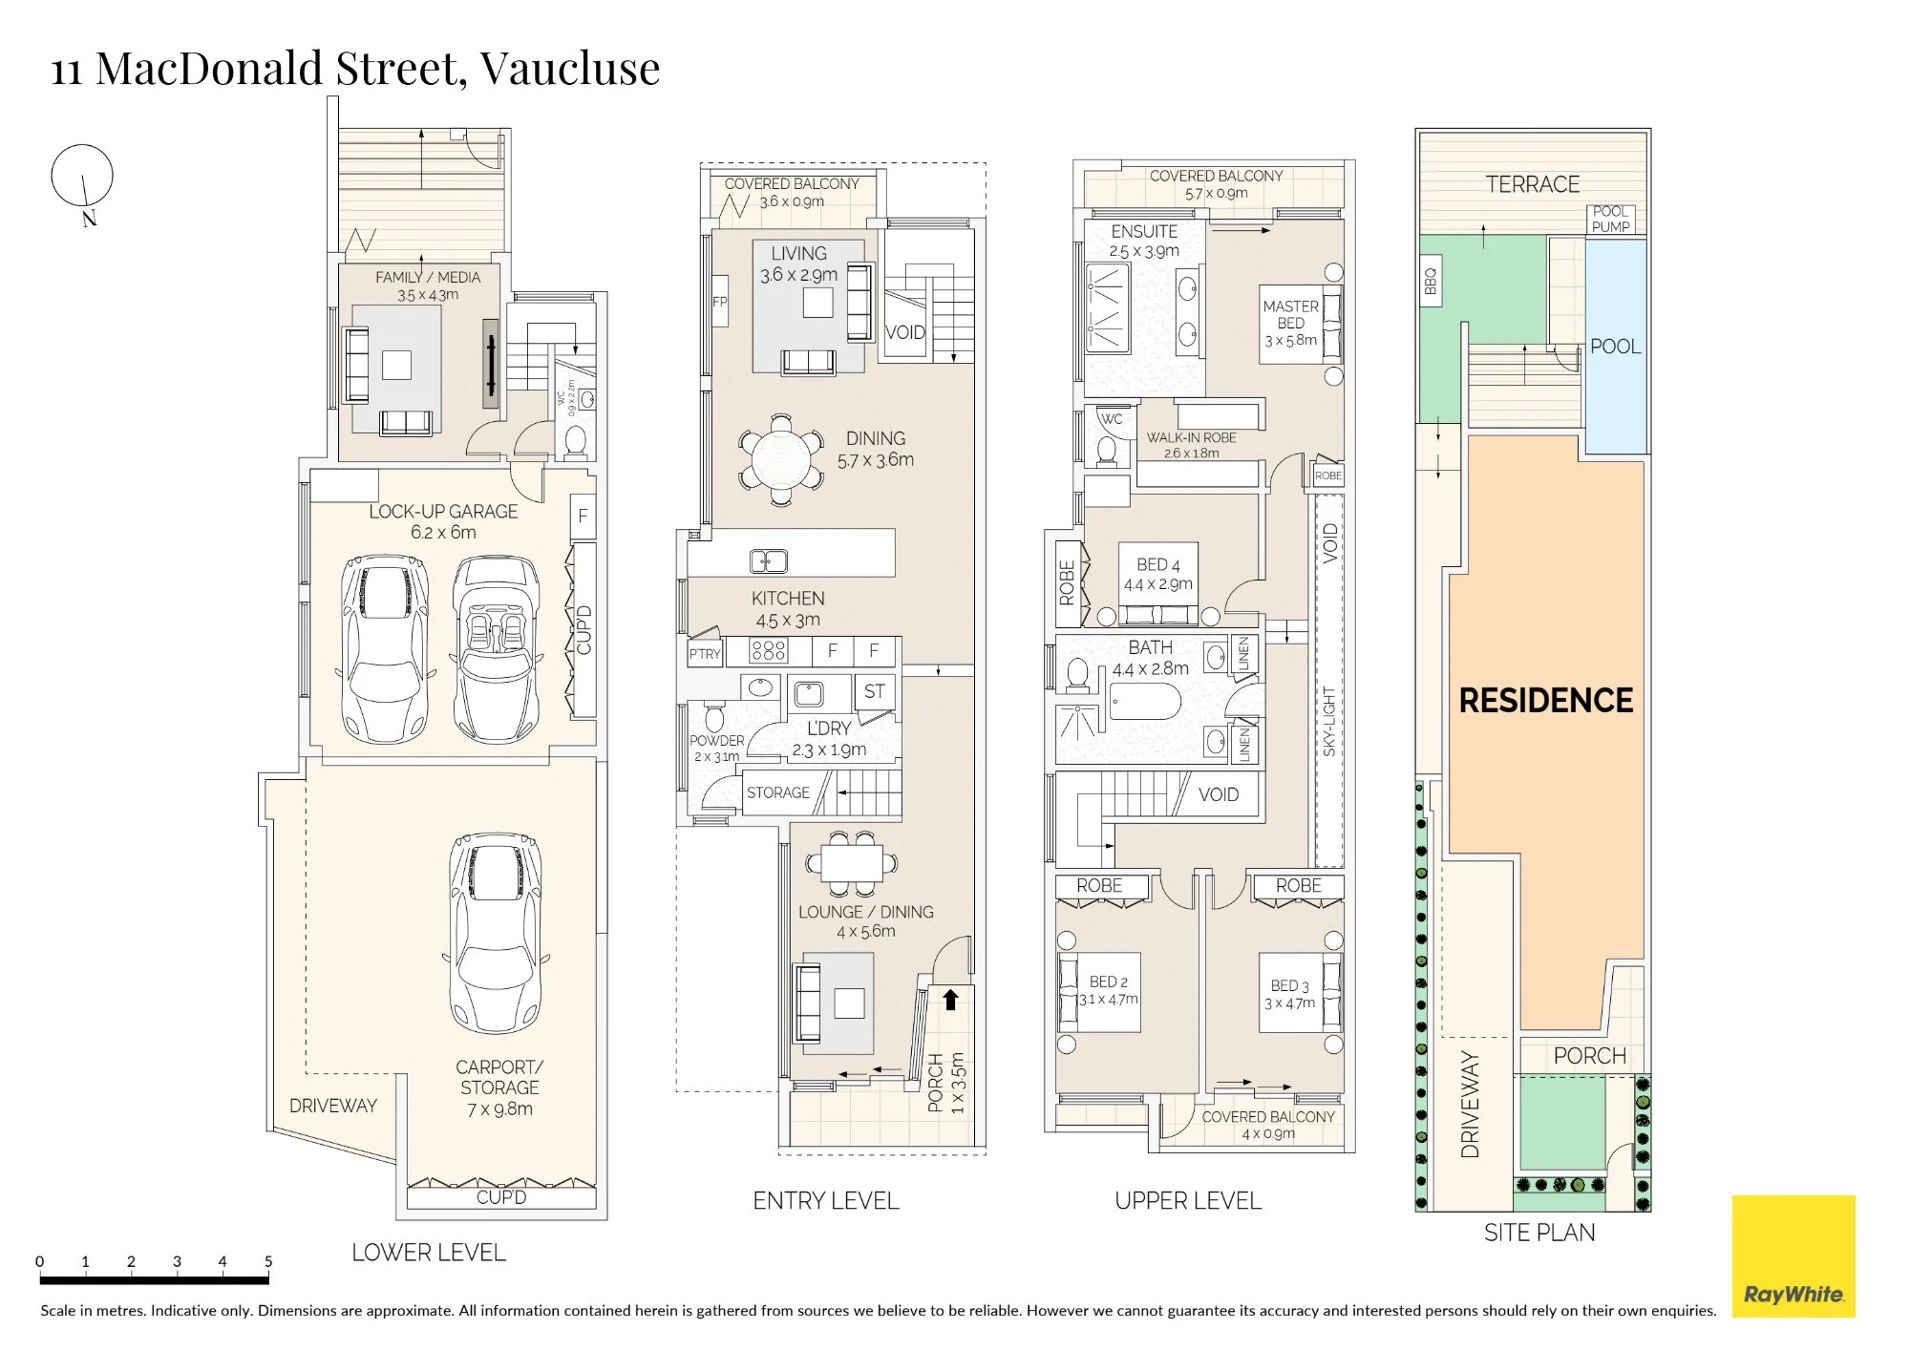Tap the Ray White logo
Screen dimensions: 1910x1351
tap(1793, 1256)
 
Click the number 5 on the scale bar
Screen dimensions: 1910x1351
tap(268, 1261)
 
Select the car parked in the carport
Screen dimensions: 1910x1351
tap(496, 934)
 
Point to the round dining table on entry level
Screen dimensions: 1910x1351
tap(781, 459)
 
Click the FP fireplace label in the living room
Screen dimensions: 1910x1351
tap(720, 302)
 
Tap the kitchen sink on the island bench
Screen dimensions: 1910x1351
tap(769, 560)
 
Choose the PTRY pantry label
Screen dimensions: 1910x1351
tap(705, 654)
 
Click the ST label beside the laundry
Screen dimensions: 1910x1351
tap(875, 691)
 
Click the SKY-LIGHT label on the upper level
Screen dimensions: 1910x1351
tap(1329, 722)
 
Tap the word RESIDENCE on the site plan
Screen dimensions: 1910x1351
tap(1546, 701)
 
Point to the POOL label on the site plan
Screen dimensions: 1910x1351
tap(1616, 347)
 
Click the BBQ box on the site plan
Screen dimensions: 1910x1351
tap(1431, 281)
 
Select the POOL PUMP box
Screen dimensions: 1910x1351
tap(1611, 220)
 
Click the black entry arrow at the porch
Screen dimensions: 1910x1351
tap(950, 1000)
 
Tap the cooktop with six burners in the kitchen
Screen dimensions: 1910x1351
tap(769, 651)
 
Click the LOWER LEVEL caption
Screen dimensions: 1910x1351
tap(429, 1253)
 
